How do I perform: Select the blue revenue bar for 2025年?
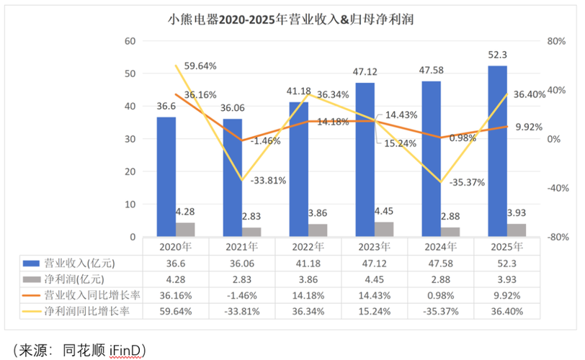tap(497, 151)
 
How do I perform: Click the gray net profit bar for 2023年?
tap(384, 229)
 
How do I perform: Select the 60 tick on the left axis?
tap(130, 42)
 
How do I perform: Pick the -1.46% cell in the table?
tap(241, 294)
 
